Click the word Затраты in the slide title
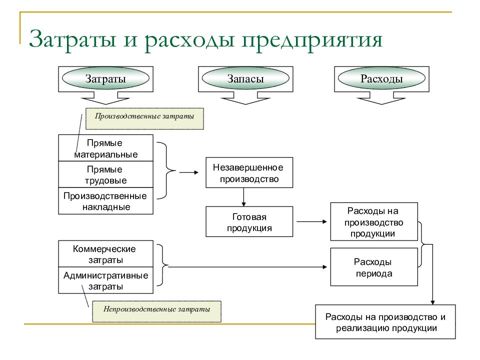[x=72, y=39]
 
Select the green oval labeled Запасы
[x=245, y=78]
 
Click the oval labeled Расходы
[x=381, y=78]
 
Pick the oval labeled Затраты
[x=105, y=78]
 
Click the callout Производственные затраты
[x=144, y=118]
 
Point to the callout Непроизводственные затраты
[x=156, y=311]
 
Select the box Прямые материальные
[x=105, y=148]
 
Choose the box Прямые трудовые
[x=105, y=174]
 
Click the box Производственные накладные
[x=105, y=201]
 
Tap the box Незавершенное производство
[x=249, y=172]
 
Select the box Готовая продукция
[x=249, y=221]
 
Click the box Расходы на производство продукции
[x=374, y=221]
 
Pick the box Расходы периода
[x=374, y=267]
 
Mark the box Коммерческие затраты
[x=105, y=254]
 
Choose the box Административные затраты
[x=105, y=280]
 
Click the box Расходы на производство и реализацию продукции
[x=385, y=321]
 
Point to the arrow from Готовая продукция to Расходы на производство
[x=312, y=221]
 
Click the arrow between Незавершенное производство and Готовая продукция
[x=243, y=197]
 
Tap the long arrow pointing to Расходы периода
[x=247, y=267]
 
